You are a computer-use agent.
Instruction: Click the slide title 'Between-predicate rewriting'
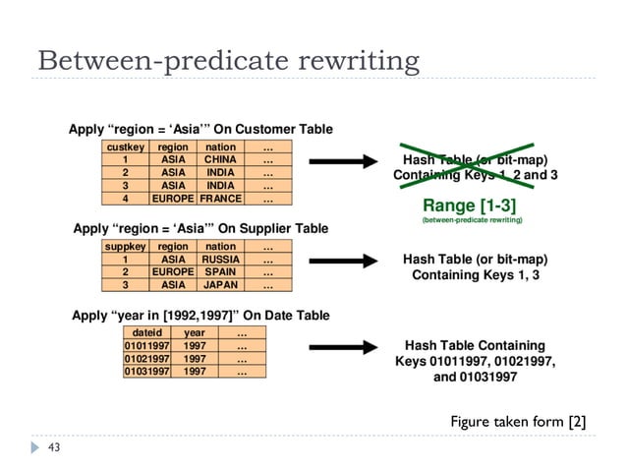point(228,61)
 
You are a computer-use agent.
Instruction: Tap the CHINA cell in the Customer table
point(220,158)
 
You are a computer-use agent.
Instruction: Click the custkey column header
point(125,147)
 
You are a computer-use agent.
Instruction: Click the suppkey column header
point(125,247)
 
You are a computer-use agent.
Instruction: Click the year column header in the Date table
point(195,333)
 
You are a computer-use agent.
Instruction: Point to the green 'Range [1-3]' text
point(471,206)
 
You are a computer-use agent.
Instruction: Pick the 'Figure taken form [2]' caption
point(518,422)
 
